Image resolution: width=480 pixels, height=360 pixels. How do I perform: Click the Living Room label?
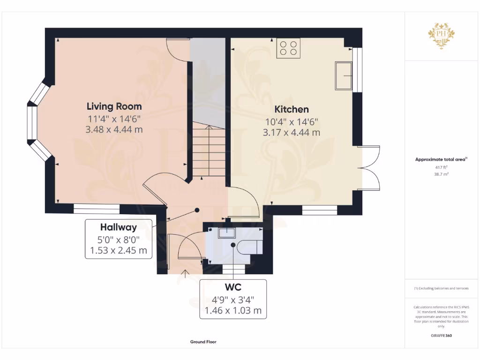(x=114, y=106)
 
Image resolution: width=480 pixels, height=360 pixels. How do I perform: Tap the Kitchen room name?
(x=292, y=109)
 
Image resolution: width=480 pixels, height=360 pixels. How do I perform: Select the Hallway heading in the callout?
(x=119, y=227)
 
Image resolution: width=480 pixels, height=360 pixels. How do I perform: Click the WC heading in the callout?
(x=233, y=286)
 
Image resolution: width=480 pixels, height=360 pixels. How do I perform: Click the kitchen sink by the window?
(x=344, y=75)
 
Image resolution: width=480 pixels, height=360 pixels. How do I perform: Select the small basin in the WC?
(x=227, y=232)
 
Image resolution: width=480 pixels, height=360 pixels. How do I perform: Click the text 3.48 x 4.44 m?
(x=114, y=129)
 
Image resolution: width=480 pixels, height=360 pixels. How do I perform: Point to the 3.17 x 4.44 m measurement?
(x=292, y=133)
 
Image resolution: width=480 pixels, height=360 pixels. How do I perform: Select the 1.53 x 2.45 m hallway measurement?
(x=119, y=251)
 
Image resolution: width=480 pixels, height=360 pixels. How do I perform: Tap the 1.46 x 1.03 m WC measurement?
(x=233, y=310)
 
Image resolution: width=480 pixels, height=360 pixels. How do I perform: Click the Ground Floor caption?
(x=203, y=342)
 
